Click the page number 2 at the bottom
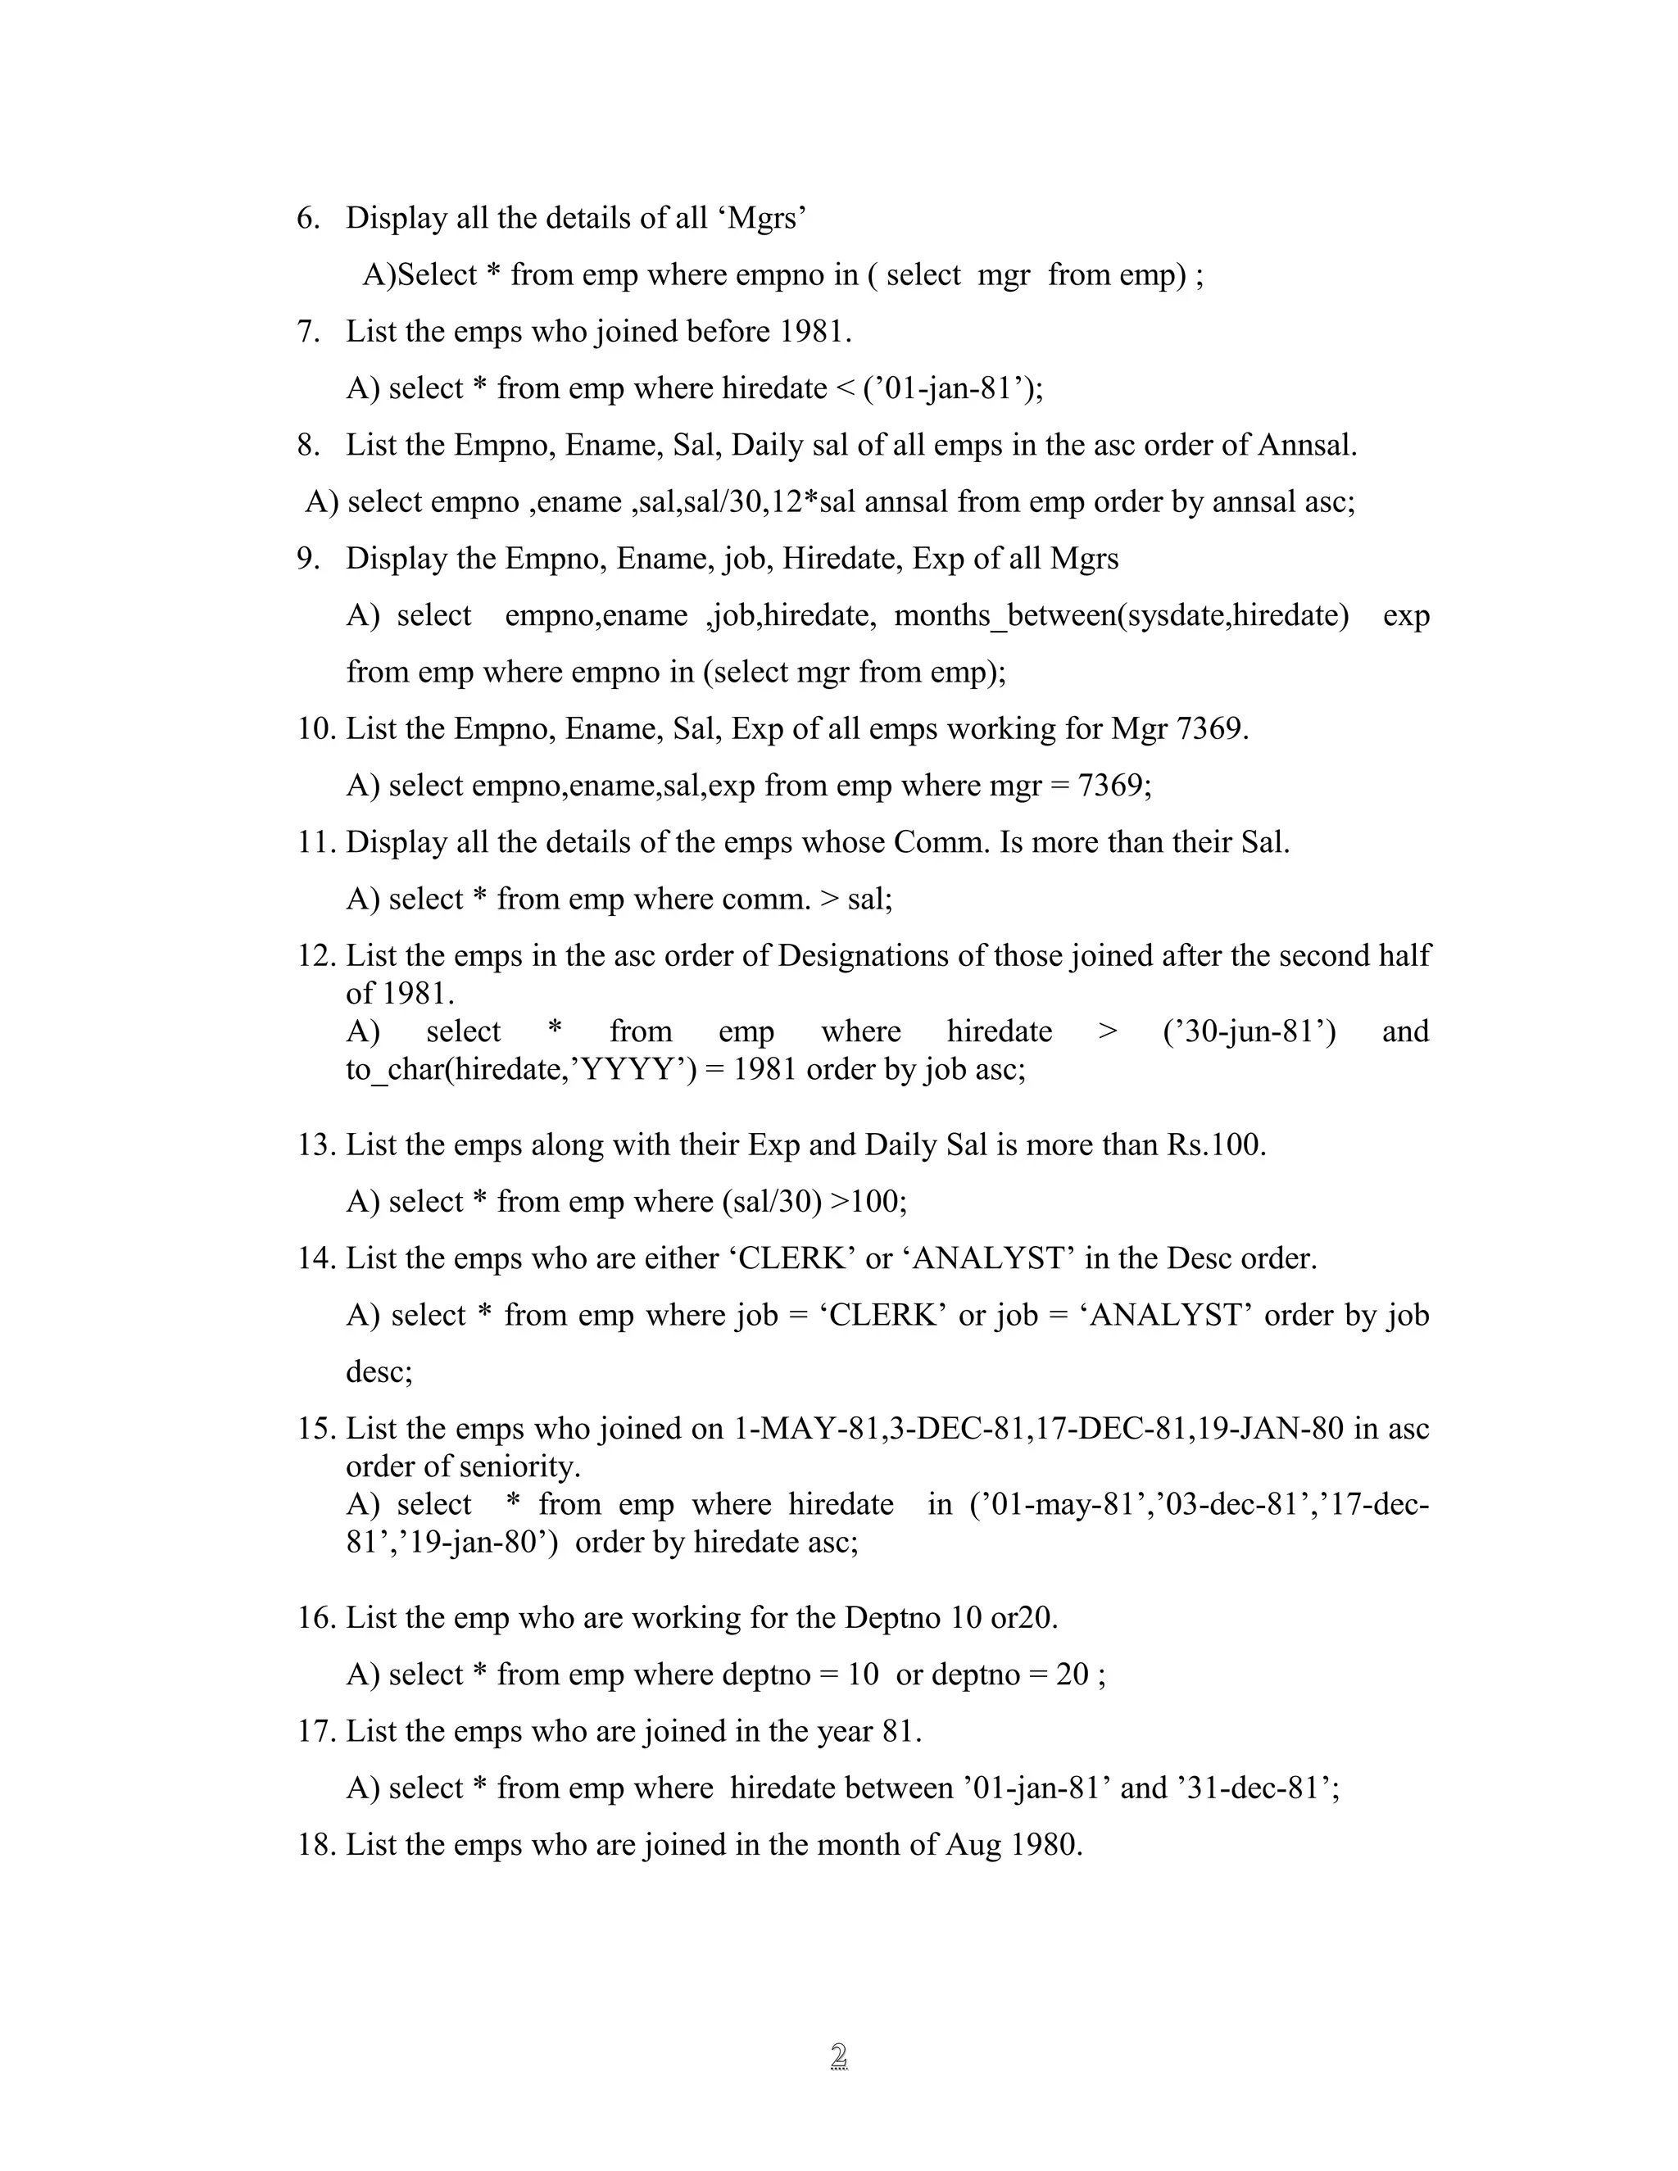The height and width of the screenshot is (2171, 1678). pyautogui.click(x=838, y=2055)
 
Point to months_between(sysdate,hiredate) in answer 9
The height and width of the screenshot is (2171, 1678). pyautogui.click(x=1122, y=615)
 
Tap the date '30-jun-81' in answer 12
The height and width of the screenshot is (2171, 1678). pyautogui.click(x=1249, y=1031)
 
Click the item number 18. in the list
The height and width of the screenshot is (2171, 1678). pyautogui.click(x=317, y=1845)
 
